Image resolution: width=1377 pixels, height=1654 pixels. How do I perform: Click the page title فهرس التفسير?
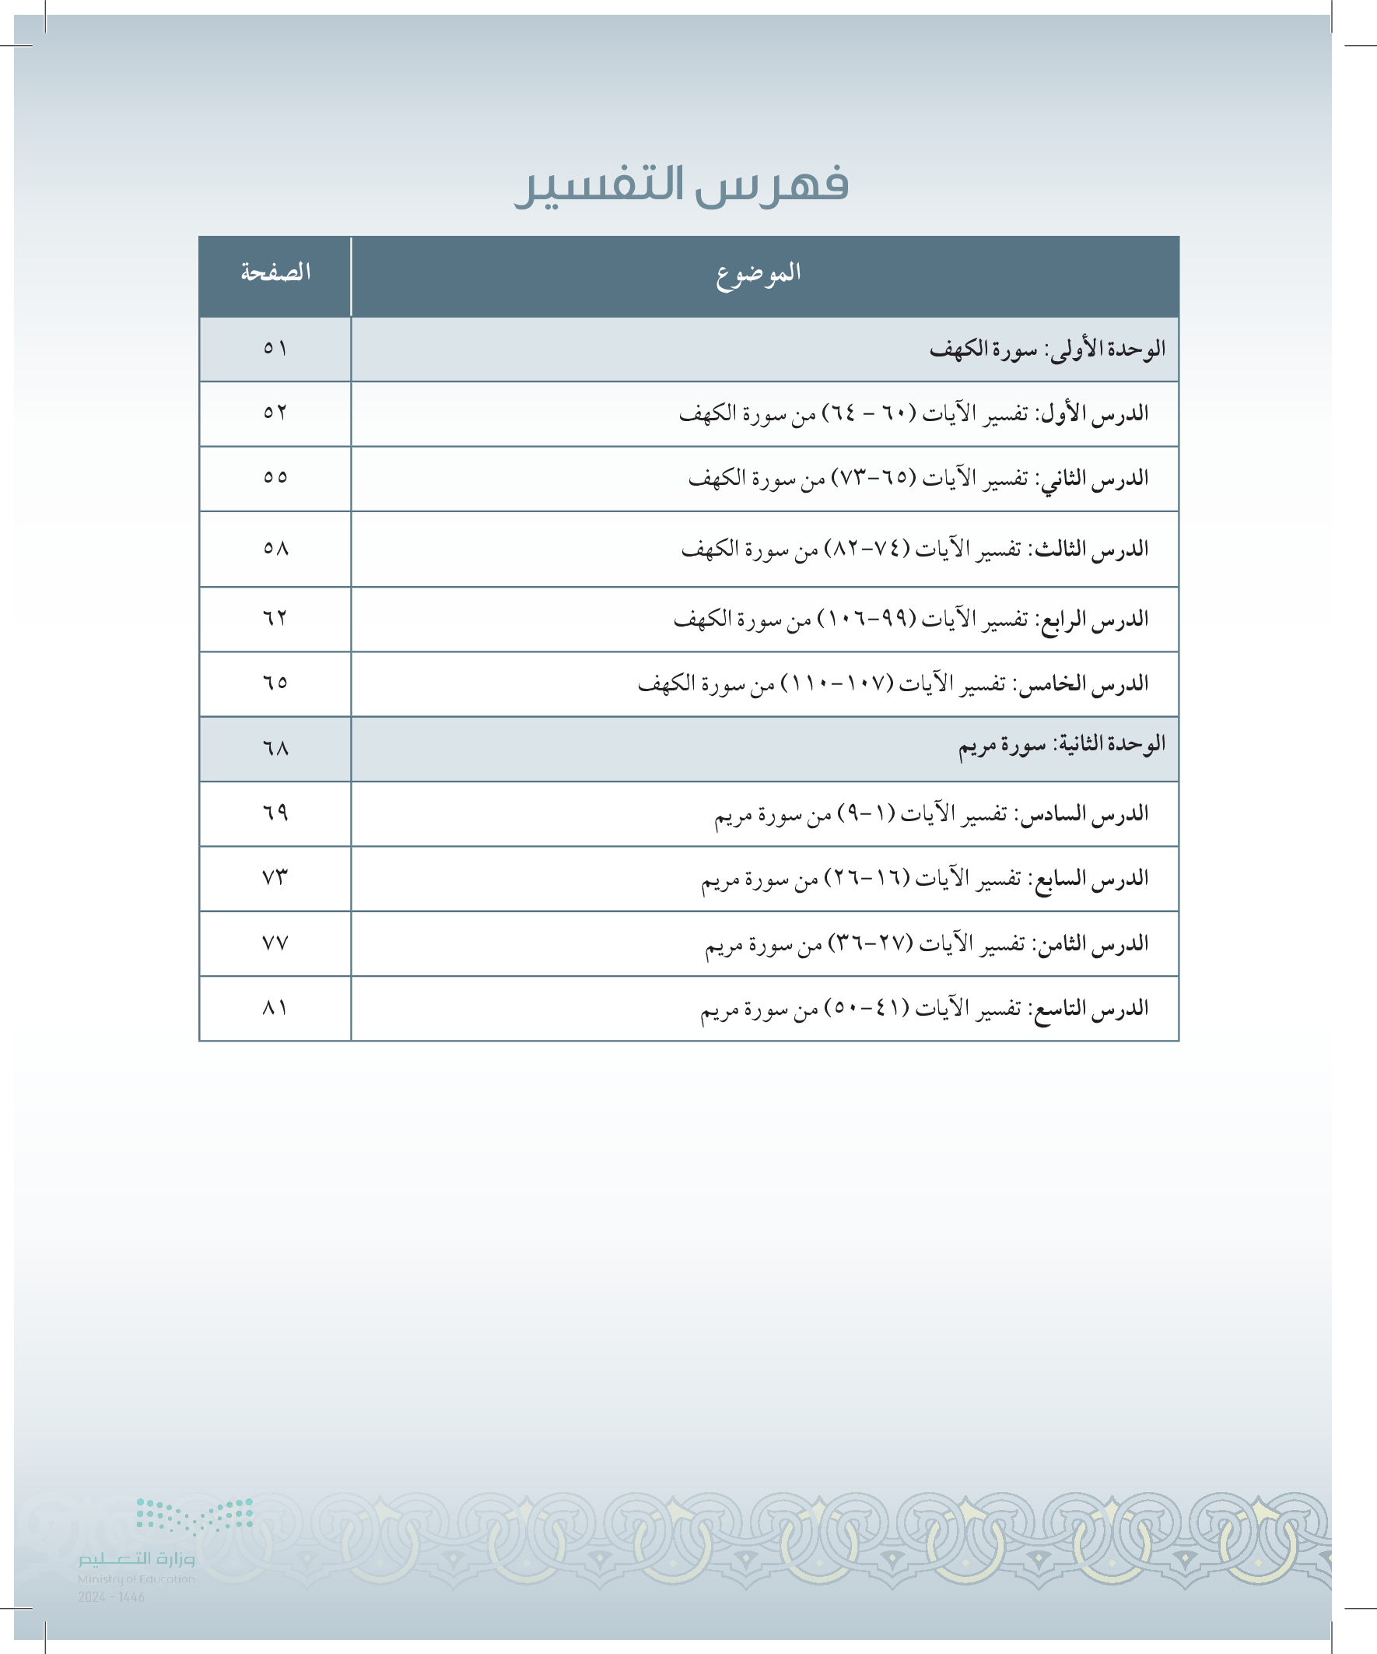(x=681, y=186)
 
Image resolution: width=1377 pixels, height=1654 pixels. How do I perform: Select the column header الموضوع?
(x=759, y=273)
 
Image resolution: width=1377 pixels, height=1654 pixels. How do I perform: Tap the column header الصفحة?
(x=275, y=273)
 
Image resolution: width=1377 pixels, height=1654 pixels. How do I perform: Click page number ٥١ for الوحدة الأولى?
(x=275, y=348)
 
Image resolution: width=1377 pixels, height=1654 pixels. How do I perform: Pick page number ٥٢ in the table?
(x=275, y=413)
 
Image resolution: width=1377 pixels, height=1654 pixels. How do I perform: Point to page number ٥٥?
(x=275, y=477)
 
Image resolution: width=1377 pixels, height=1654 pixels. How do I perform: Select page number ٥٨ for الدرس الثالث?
(x=275, y=548)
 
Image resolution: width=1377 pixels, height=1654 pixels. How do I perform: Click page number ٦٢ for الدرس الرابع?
(x=275, y=619)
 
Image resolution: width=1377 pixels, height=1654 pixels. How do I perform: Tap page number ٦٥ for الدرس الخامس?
(x=275, y=683)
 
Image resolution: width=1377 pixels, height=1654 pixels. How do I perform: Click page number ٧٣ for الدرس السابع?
(x=275, y=877)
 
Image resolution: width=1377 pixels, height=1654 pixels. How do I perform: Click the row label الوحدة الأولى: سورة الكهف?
(x=1047, y=349)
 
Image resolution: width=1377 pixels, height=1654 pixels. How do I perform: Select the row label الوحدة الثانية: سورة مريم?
(x=1061, y=744)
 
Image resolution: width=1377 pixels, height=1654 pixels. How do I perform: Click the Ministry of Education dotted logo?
(x=194, y=1517)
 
